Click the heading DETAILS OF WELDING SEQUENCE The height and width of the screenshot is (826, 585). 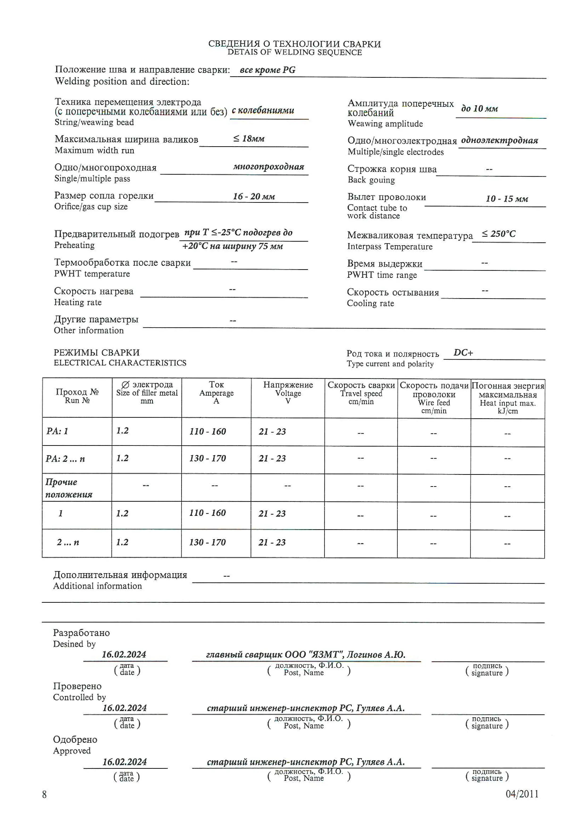(x=294, y=53)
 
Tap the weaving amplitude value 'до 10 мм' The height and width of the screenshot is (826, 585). (x=480, y=109)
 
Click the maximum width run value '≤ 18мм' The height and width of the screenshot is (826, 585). (x=249, y=138)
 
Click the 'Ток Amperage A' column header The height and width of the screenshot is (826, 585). (x=216, y=393)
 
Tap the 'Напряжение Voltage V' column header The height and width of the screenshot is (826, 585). (x=288, y=393)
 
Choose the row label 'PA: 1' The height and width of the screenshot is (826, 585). (x=57, y=431)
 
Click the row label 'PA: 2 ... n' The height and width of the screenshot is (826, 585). (x=65, y=459)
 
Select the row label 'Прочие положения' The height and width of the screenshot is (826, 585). (x=68, y=488)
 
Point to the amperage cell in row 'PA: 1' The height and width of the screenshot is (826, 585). (x=208, y=431)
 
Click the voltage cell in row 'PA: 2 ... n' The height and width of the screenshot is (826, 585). (x=272, y=458)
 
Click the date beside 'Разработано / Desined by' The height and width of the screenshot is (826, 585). (x=124, y=654)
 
